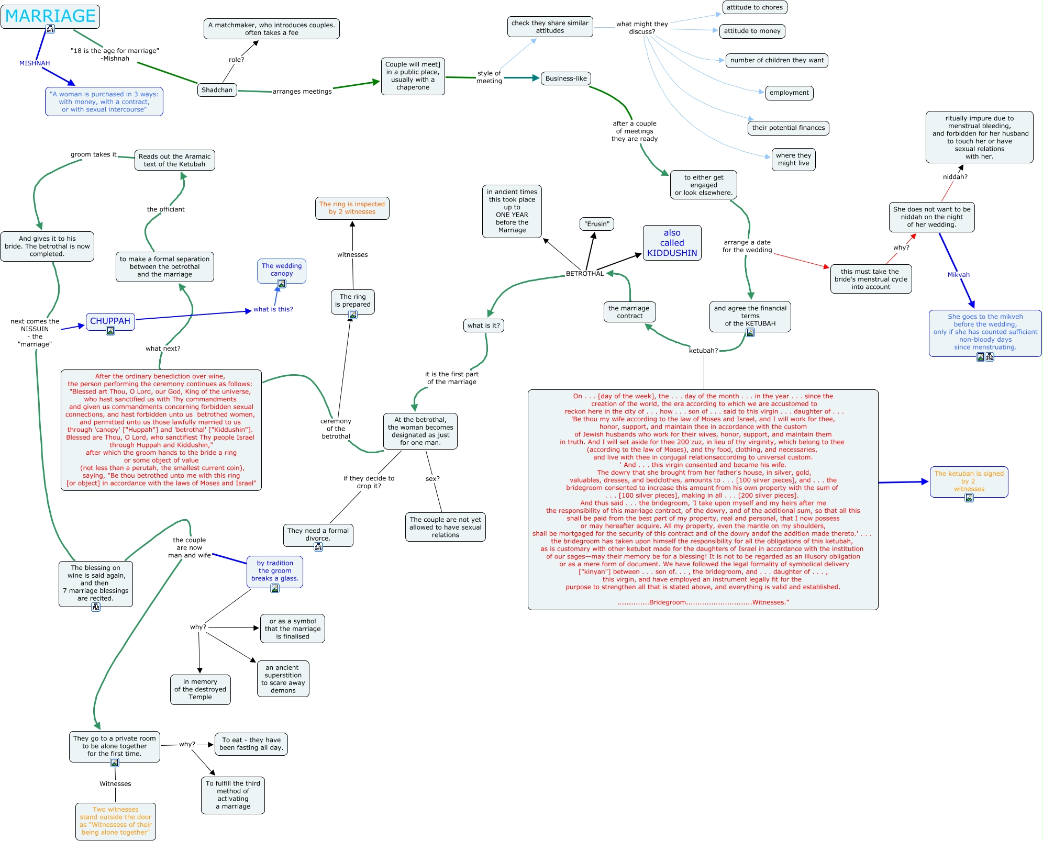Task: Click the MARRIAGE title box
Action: point(50,16)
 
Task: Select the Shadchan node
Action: point(217,90)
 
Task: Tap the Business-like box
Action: point(566,79)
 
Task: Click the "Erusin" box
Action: point(597,224)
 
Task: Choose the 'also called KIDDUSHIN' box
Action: point(672,243)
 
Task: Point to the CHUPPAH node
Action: point(110,321)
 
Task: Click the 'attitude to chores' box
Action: point(754,7)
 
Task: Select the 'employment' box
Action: point(789,93)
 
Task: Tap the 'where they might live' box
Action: point(793,159)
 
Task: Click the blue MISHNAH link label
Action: point(35,63)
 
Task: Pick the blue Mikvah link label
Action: point(958,275)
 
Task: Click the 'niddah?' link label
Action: point(955,177)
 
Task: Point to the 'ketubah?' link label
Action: point(703,351)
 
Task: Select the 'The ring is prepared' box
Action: point(352,300)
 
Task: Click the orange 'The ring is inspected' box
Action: point(352,208)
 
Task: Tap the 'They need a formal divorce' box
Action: point(318,534)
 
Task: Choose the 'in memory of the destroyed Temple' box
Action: point(200,689)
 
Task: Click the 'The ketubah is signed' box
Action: point(969,481)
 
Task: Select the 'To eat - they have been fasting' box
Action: point(251,744)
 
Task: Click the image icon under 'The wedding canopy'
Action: point(282,284)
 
